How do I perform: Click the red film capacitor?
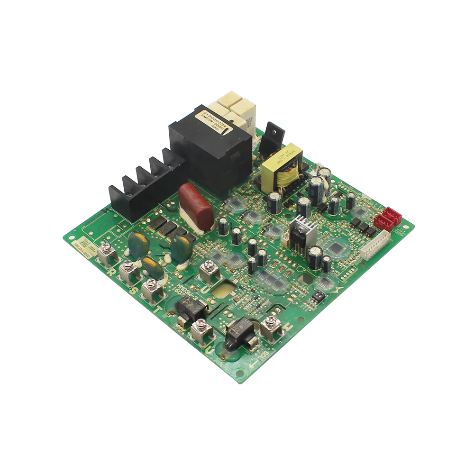[x=197, y=207]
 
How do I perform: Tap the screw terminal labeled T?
[x=153, y=288]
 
